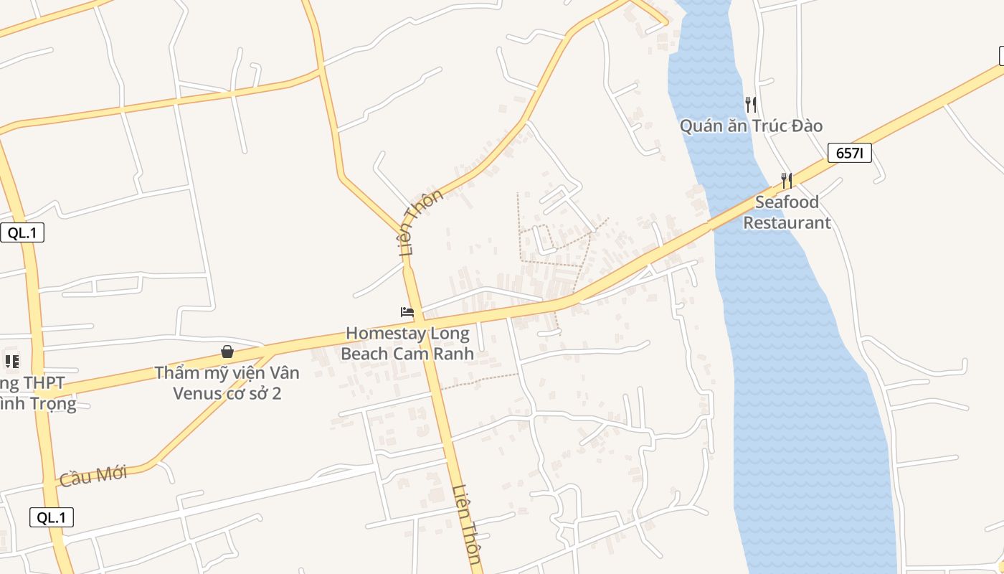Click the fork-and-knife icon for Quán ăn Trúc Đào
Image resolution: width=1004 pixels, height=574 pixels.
click(x=751, y=104)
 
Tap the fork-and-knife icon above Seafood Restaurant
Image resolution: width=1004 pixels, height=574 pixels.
click(x=787, y=180)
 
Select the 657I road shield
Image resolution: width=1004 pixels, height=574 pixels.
click(x=849, y=153)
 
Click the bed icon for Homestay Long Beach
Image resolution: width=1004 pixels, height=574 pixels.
click(x=407, y=312)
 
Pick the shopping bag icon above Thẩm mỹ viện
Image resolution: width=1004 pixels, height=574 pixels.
click(x=227, y=352)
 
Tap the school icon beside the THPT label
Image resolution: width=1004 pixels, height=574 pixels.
click(x=11, y=361)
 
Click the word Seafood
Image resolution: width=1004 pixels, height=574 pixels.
click(x=787, y=202)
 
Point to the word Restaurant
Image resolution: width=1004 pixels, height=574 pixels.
click(x=787, y=222)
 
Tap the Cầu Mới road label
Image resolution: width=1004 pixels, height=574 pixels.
click(x=93, y=475)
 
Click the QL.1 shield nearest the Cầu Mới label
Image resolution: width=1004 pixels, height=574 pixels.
click(x=52, y=517)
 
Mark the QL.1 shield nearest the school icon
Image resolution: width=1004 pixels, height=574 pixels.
click(x=22, y=232)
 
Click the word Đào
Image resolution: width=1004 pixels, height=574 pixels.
click(x=807, y=126)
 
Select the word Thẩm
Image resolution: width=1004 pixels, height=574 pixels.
click(x=177, y=373)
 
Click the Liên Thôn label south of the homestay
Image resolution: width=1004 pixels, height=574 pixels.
click(x=466, y=524)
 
